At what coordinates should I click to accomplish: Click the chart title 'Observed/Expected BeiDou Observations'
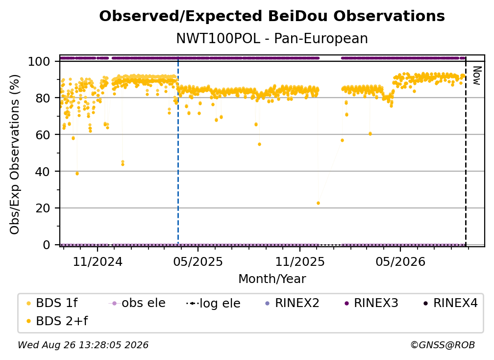point(272,16)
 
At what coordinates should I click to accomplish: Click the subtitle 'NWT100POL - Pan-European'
point(272,39)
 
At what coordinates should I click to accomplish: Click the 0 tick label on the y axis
point(47,245)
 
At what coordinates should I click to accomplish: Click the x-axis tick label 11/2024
point(98,262)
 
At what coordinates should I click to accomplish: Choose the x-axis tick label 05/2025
point(198,262)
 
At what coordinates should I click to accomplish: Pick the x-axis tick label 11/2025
point(300,262)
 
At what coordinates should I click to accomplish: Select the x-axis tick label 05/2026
point(400,262)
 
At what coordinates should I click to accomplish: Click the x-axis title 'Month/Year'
point(272,279)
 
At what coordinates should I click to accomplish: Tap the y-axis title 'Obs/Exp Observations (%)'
point(15,154)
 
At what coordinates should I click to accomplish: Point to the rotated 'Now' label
point(477,76)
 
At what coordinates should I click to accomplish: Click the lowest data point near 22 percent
point(318,204)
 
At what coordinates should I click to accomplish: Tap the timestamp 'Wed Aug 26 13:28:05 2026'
point(83,345)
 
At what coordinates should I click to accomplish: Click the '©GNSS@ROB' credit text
point(443,345)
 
